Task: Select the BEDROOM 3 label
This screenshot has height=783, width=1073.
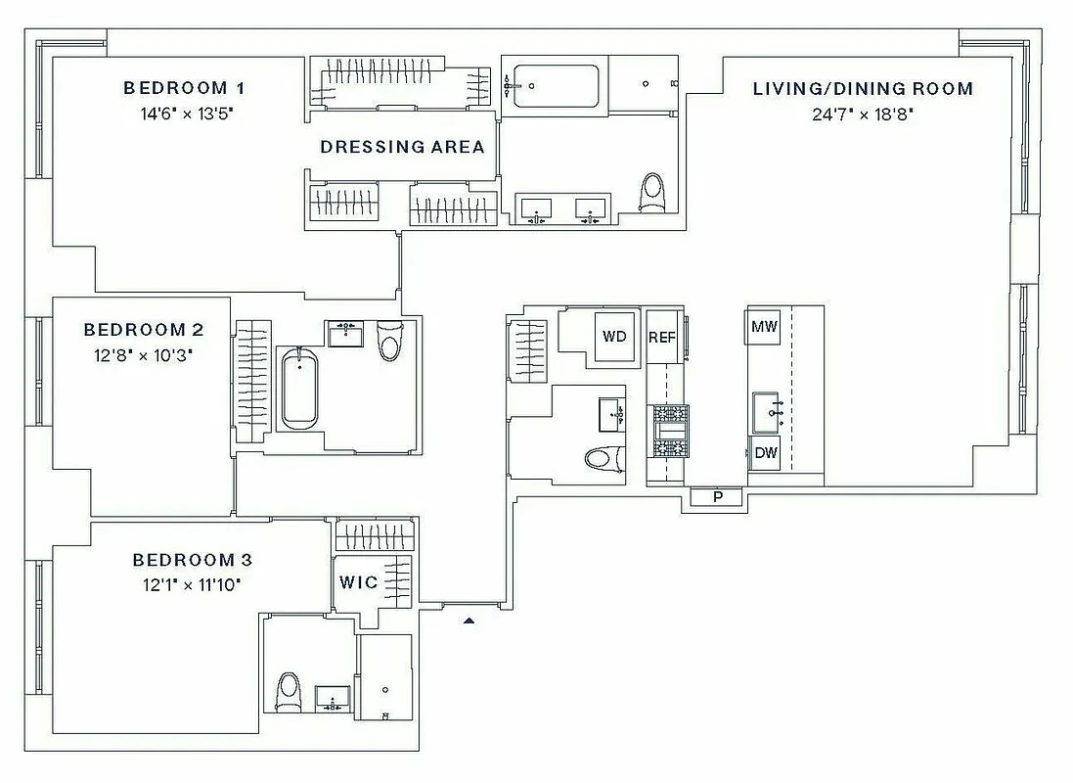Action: click(x=193, y=560)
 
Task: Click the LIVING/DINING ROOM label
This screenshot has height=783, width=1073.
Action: click(x=863, y=89)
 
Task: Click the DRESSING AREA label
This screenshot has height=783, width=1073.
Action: click(x=402, y=147)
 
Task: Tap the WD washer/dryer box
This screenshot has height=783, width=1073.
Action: click(x=614, y=337)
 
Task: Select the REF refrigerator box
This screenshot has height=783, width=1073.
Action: click(x=663, y=337)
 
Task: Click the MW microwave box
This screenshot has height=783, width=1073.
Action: click(x=764, y=327)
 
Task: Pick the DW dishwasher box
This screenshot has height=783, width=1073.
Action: click(x=764, y=454)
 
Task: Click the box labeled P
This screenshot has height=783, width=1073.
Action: click(x=717, y=497)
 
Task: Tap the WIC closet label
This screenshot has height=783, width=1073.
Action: click(x=358, y=582)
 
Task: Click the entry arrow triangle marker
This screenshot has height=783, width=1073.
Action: click(x=469, y=620)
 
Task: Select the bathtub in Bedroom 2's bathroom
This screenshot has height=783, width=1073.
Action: click(x=297, y=389)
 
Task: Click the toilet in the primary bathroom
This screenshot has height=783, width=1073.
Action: click(x=652, y=193)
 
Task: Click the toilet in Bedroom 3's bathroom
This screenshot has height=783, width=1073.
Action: click(x=289, y=692)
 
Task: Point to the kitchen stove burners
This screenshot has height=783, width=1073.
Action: click(x=671, y=431)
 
